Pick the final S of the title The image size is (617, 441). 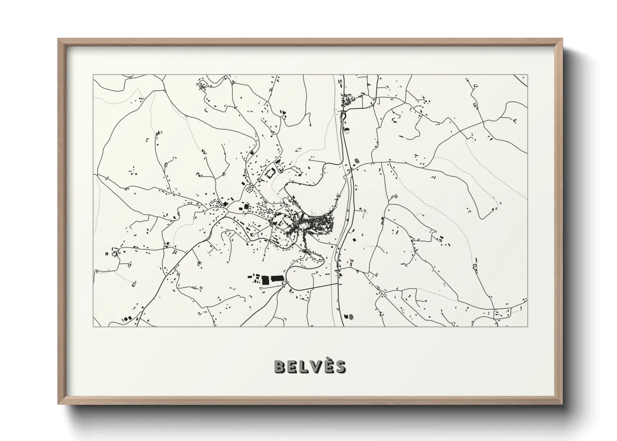[x=340, y=367]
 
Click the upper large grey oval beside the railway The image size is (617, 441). [x=356, y=160]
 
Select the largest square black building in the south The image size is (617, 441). [x=266, y=279]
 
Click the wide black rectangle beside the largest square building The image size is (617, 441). [x=277, y=278]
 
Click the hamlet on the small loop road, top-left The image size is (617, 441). [x=203, y=85]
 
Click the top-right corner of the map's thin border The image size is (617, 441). [x=527, y=75]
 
